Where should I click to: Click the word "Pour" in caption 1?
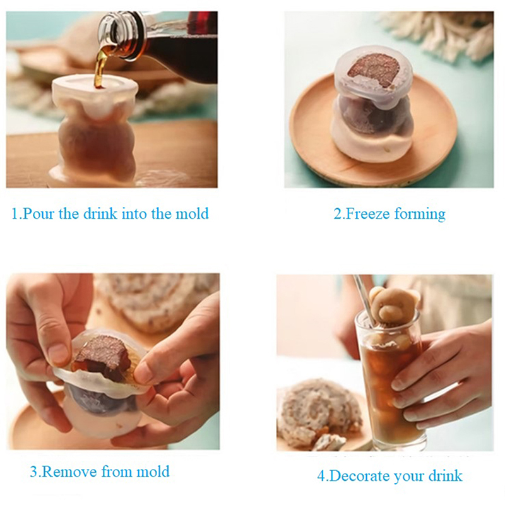pos(39,213)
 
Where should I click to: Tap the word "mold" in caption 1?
pos(192,213)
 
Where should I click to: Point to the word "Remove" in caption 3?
pos(69,472)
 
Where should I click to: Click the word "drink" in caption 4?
pos(446,476)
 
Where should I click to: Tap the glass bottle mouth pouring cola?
pos(111,34)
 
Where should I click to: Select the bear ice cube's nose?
pos(384,310)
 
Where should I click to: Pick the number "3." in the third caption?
pos(35,472)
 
